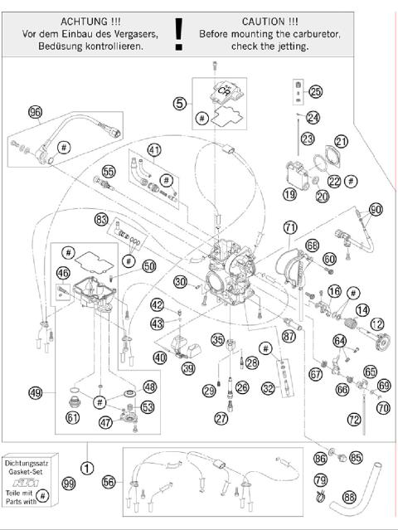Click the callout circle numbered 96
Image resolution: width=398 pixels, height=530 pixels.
[35, 113]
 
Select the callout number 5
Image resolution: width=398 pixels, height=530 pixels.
[179, 104]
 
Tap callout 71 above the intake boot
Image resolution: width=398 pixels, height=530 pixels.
[289, 226]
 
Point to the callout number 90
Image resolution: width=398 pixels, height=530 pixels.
[376, 210]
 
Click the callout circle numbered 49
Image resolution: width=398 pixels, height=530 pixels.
[35, 391]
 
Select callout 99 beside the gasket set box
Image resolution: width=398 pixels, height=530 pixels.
[69, 483]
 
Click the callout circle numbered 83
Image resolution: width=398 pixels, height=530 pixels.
[102, 220]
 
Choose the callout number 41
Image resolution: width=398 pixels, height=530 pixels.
[153, 150]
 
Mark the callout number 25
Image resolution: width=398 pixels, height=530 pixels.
[315, 91]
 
